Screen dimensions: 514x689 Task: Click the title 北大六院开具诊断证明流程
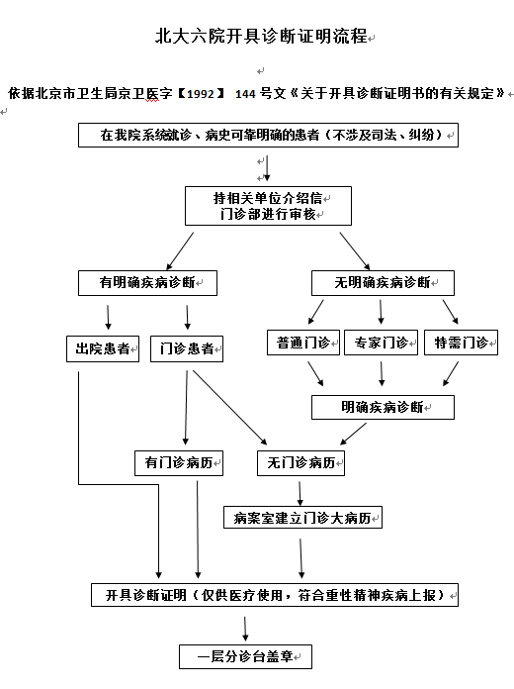tap(261, 36)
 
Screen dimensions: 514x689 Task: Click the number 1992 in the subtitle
tap(201, 94)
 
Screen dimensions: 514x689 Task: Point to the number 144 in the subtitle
tap(245, 94)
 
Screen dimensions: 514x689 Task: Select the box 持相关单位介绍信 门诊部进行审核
tap(268, 206)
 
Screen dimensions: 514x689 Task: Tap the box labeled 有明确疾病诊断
tap(147, 283)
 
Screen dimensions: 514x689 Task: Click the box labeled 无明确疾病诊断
tap(383, 283)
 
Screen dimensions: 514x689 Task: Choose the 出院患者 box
tap(103, 348)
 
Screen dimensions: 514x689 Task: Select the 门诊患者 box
tap(187, 348)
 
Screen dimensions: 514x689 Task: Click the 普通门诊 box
tap(303, 343)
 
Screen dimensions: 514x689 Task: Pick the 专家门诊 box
tap(381, 343)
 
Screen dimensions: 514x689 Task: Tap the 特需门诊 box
tap(461, 343)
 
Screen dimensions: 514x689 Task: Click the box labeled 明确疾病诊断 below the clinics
tap(383, 407)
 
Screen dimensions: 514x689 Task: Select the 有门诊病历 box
tap(179, 463)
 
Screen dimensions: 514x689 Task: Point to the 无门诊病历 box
tap(300, 463)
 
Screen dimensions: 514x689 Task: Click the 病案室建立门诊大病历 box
tap(302, 518)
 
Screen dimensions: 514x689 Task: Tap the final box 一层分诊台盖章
tap(245, 657)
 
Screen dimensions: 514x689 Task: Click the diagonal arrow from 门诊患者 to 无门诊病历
tap(229, 407)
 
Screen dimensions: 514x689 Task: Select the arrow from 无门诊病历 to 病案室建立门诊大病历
tap(300, 493)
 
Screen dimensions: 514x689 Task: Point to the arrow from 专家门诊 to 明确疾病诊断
tap(382, 373)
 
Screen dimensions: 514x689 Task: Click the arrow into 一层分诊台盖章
tap(245, 629)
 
